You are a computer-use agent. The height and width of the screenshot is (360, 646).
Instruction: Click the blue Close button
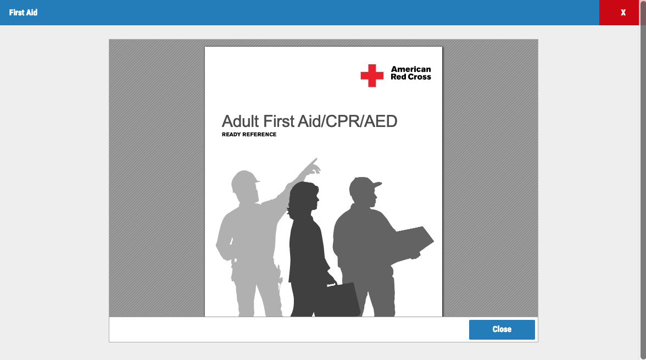(502, 329)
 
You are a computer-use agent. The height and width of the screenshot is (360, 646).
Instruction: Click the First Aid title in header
(23, 13)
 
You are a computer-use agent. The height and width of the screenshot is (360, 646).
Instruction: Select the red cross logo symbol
(372, 75)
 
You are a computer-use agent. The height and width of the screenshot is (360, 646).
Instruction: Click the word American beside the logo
(411, 69)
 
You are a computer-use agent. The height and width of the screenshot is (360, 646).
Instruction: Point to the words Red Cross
(411, 77)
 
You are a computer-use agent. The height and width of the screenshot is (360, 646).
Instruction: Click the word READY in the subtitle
(231, 135)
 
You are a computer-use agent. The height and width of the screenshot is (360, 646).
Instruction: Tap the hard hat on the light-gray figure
(245, 180)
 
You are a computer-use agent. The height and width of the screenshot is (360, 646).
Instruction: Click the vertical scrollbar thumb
(642, 180)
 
